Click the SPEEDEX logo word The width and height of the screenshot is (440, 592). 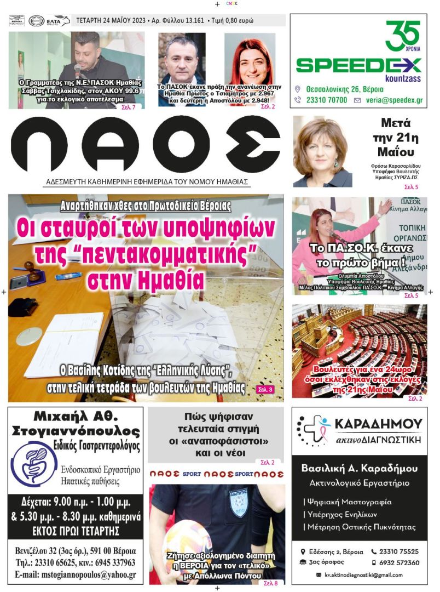pos(358,65)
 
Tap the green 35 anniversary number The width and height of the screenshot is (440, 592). pos(402,35)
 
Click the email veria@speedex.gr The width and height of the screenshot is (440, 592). pos(392,100)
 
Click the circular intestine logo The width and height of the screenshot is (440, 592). pos(34,463)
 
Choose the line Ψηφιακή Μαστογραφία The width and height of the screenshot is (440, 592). pos(348,502)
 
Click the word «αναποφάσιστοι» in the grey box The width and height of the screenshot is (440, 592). pos(217,441)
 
